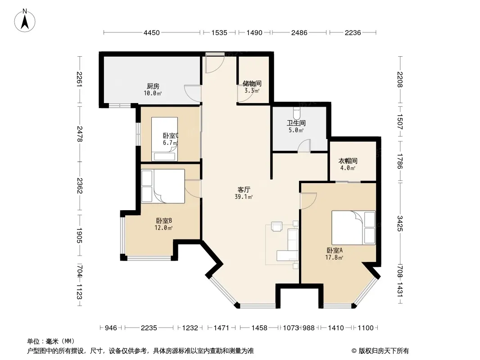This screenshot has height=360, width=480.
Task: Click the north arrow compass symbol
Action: tap(25, 20)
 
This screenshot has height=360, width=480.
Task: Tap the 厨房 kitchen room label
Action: tap(153, 86)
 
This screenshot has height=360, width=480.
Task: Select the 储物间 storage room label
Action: tap(252, 84)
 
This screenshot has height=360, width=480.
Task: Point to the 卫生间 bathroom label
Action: tap(296, 123)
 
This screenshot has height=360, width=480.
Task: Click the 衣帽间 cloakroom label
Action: tap(348, 161)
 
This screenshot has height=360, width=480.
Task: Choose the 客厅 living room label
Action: tap(244, 189)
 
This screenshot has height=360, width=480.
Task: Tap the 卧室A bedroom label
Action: tap(335, 250)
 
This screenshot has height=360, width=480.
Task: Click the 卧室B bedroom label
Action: tap(164, 220)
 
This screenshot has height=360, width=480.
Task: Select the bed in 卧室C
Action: tap(164, 139)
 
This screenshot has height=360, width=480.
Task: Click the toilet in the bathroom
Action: tap(296, 113)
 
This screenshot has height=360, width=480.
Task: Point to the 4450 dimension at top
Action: tap(152, 32)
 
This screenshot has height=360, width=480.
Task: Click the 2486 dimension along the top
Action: tap(299, 32)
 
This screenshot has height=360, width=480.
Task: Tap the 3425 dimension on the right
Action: tap(400, 224)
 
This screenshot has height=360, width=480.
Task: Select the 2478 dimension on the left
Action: tap(80, 134)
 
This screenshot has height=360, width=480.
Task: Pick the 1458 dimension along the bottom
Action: tap(259, 328)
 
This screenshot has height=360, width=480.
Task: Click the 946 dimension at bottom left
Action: tap(111, 328)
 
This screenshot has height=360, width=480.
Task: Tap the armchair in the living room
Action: tap(277, 226)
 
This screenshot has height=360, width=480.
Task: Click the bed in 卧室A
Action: tap(353, 228)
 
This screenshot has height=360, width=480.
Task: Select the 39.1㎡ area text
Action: tap(244, 197)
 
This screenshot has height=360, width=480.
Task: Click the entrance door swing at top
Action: tap(215, 63)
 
